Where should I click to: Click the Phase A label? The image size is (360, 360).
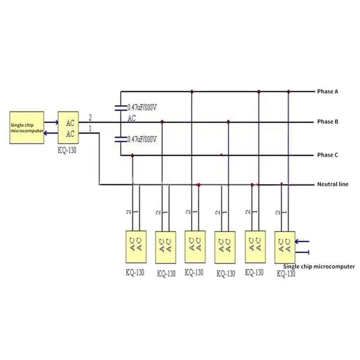[x=328, y=91]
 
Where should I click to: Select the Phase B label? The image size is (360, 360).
[x=328, y=121]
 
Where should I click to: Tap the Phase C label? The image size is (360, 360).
[x=328, y=155]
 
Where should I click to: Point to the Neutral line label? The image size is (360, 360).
[x=333, y=184]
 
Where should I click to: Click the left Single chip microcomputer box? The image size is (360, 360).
[x=27, y=128]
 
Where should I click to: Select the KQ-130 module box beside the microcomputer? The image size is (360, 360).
[x=68, y=128]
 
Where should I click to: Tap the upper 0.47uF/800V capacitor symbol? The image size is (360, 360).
[x=121, y=108]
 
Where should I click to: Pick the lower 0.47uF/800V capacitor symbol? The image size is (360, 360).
[x=121, y=139]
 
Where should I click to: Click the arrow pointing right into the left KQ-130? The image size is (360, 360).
[x=51, y=122]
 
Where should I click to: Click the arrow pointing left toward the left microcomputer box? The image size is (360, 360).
[x=51, y=133]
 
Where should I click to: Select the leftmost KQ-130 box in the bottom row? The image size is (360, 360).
[x=136, y=247]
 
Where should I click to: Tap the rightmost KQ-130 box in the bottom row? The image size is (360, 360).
[x=285, y=247]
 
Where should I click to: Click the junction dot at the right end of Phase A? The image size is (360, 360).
[x=288, y=92]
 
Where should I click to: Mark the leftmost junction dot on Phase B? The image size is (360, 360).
[x=162, y=121]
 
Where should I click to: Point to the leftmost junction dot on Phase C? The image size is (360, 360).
[x=132, y=156]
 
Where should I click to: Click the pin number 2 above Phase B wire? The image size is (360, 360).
[x=90, y=117]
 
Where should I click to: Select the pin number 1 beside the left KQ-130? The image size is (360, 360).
[x=90, y=129]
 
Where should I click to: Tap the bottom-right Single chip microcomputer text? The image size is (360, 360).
[x=319, y=266]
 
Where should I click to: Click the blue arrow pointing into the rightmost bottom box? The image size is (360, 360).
[x=302, y=242]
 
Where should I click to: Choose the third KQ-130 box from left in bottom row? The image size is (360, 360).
[x=195, y=247]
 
